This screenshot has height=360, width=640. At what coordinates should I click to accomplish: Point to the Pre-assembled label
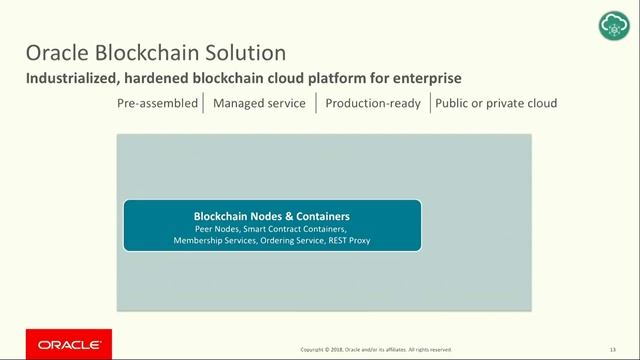(157, 103)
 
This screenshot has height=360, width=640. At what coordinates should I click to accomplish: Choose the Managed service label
(259, 103)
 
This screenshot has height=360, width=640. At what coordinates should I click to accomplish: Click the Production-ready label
(373, 103)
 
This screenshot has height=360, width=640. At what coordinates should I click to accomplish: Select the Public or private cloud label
(496, 103)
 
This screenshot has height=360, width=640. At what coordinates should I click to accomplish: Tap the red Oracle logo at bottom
(69, 344)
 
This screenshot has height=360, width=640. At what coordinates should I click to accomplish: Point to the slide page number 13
(612, 349)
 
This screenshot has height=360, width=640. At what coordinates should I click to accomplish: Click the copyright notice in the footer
(377, 349)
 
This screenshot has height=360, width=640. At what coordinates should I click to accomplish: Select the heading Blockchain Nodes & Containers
(271, 216)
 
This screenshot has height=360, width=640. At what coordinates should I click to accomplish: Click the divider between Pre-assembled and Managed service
(204, 103)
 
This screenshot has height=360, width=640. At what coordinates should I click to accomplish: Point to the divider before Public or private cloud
(430, 103)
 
